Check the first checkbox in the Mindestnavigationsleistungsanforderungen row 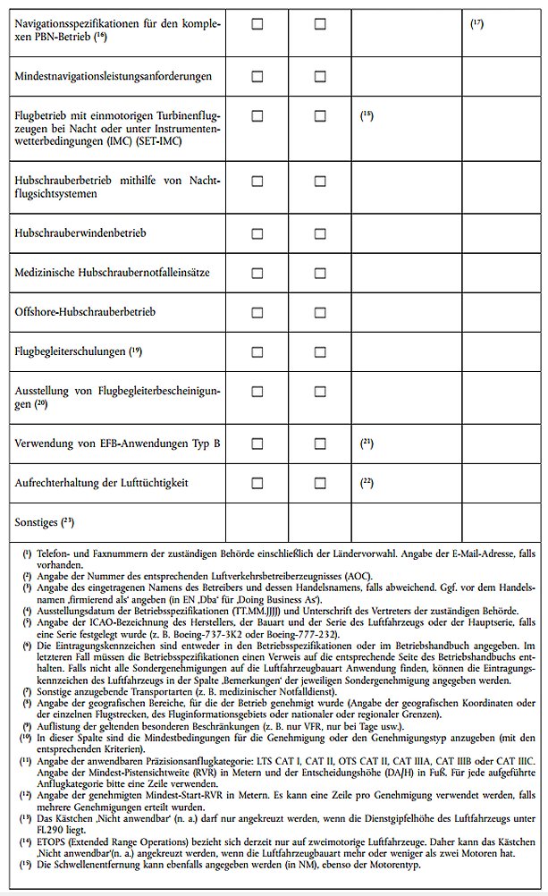[257, 76]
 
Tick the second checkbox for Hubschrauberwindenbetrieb [320, 232]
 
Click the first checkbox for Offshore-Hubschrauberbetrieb [257, 311]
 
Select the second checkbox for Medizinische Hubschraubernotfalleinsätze [320, 272]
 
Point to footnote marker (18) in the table [367, 114]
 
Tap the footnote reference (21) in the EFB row [367, 442]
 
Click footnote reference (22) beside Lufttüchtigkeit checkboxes [367, 482]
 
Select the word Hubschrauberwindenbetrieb [80, 232]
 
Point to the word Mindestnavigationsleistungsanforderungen [114, 76]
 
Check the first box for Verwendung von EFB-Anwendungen [257, 443]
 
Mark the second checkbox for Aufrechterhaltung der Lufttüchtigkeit [320, 483]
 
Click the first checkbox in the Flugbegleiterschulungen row [257, 351]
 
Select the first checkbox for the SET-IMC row [257, 115]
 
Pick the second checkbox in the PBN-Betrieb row [320, 24]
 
